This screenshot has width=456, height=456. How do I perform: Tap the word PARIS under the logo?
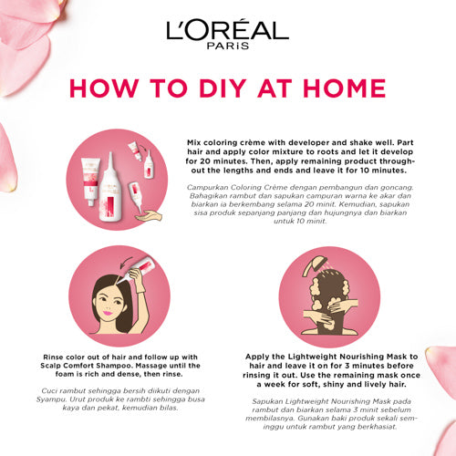coord(228,46)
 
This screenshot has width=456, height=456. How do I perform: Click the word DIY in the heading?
coord(223,88)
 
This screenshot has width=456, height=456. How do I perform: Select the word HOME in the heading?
coord(345,88)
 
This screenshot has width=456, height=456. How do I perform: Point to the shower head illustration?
coord(315,265)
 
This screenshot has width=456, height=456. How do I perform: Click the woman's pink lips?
coord(107,313)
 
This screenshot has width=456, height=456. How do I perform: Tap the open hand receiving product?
coord(149,215)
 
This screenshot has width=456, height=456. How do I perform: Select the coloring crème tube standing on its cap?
coord(90,181)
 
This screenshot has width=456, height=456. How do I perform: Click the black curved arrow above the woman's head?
coord(125,262)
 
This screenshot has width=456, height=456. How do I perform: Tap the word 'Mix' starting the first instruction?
coord(193,142)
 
